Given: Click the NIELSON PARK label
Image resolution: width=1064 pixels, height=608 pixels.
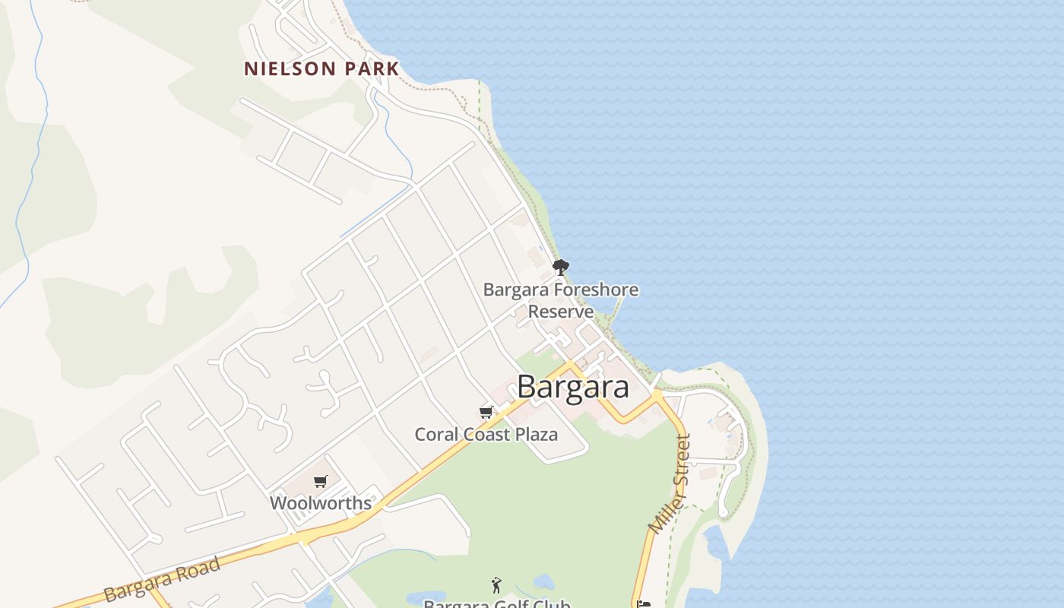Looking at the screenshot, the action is point(321,68).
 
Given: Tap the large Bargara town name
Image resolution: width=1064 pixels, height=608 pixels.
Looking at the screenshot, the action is point(573,387).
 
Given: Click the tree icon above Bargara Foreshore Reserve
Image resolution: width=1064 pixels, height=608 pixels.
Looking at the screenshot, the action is point(561,268).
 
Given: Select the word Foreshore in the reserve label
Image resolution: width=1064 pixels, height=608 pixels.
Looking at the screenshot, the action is point(596,290).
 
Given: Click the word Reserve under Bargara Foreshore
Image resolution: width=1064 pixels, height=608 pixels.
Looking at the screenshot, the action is point(561,312).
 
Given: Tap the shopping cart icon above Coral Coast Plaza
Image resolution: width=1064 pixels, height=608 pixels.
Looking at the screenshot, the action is point(486,413).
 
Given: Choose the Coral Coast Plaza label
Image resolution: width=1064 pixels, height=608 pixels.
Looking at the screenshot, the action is point(486,435).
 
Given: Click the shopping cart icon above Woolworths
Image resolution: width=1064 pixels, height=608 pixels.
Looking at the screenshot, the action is point(321,482).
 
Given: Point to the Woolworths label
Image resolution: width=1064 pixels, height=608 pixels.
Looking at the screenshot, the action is point(321,503).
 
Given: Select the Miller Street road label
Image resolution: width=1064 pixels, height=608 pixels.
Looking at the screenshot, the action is point(670,483).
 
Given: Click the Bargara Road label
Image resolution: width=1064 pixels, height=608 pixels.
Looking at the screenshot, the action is point(162,579).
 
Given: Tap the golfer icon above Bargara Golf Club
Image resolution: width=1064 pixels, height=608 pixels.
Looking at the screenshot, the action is point(497,585).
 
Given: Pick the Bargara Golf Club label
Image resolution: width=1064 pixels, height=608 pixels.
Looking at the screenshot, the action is point(497,604).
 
